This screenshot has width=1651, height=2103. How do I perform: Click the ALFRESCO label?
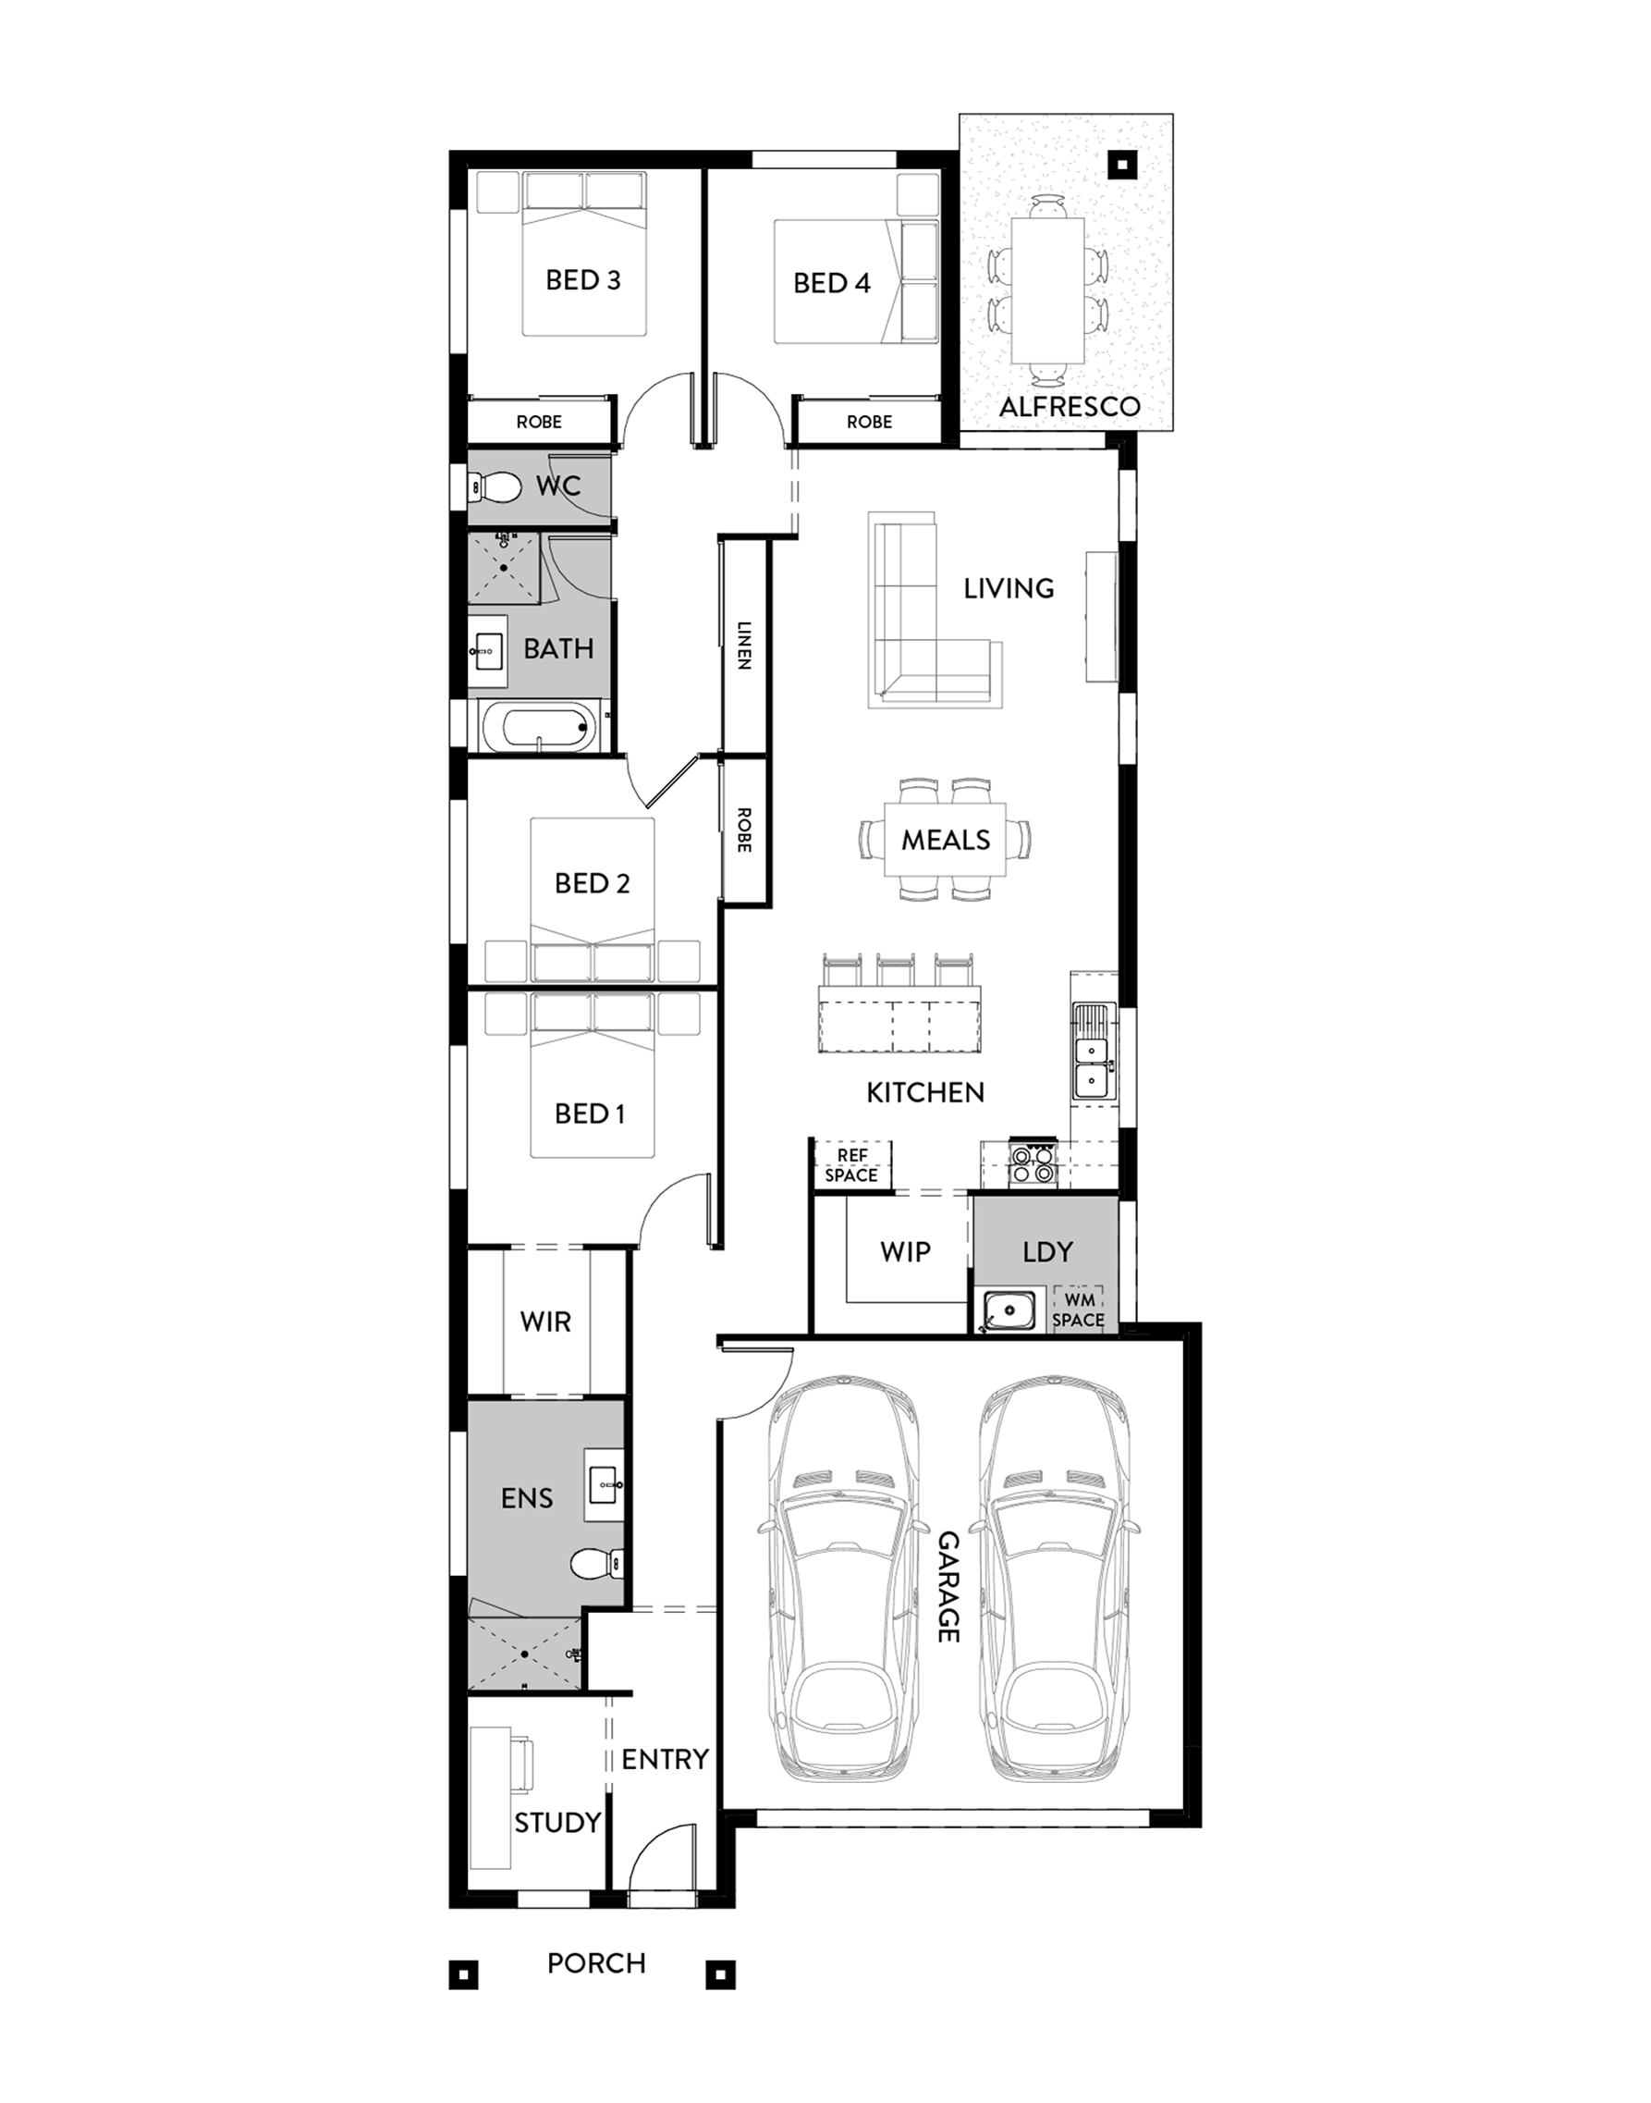1070,406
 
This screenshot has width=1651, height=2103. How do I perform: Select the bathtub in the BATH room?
537,727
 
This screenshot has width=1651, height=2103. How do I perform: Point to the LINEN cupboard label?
743,645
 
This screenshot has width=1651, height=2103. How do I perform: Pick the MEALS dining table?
946,840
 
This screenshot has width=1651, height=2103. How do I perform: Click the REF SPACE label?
851,1165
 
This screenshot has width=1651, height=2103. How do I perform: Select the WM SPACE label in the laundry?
1079,1310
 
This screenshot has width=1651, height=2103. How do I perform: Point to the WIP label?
906,1251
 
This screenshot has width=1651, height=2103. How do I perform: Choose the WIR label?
545,1322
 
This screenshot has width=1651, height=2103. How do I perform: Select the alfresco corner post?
1122,166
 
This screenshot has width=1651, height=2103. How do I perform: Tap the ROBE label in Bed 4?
869,422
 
